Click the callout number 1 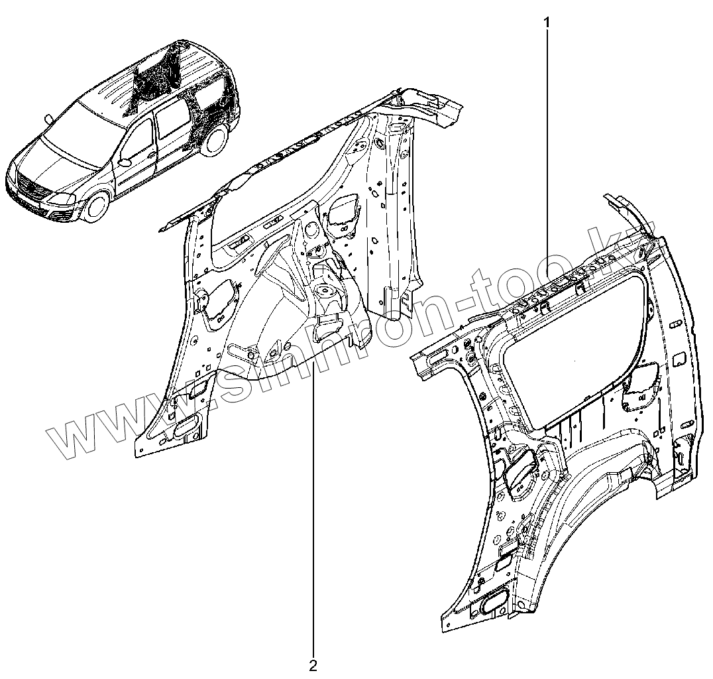click(x=547, y=21)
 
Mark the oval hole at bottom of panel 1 click(x=494, y=603)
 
